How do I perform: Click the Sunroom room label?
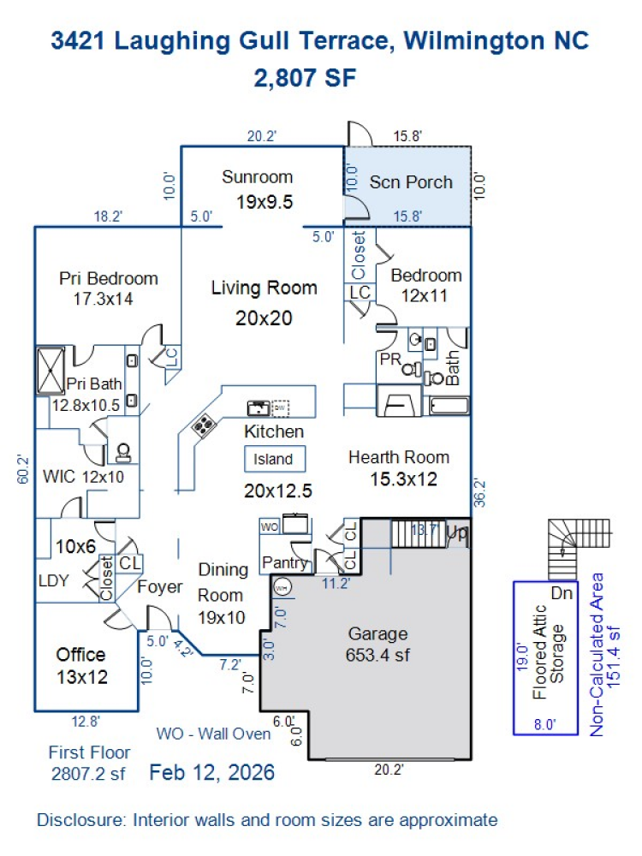pyautogui.click(x=257, y=177)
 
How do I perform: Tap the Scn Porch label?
pyautogui.click(x=411, y=181)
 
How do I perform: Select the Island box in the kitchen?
pyautogui.click(x=274, y=459)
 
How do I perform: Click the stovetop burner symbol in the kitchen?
pyautogui.click(x=204, y=425)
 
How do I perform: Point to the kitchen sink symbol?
pyautogui.click(x=259, y=407)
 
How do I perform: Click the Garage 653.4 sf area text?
pyautogui.click(x=377, y=655)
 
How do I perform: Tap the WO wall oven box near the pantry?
pyautogui.click(x=269, y=526)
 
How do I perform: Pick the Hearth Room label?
pyautogui.click(x=399, y=457)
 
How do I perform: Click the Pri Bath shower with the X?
pyautogui.click(x=51, y=371)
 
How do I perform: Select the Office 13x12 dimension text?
pyautogui.click(x=82, y=677)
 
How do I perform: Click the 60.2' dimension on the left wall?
pyautogui.click(x=23, y=468)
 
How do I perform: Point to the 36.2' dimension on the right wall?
pyautogui.click(x=479, y=492)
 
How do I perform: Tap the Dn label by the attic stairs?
pyautogui.click(x=562, y=593)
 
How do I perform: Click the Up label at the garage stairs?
pyautogui.click(x=457, y=532)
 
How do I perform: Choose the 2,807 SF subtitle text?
pyautogui.click(x=306, y=78)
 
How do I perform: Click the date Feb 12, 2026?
pyautogui.click(x=211, y=772)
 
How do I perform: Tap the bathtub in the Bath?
pyautogui.click(x=449, y=406)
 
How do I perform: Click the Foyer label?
pyautogui.click(x=159, y=587)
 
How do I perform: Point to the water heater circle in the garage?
pyautogui.click(x=282, y=588)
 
